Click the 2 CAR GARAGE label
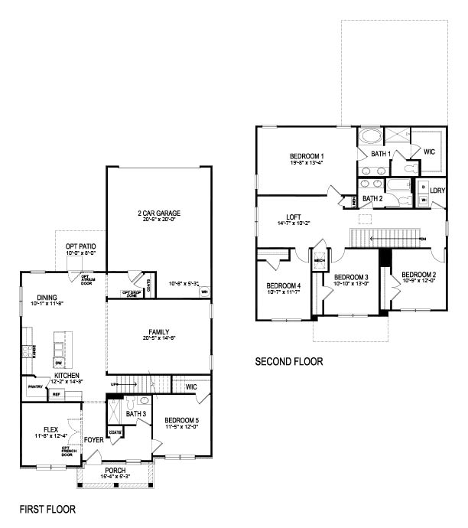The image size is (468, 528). coord(159,213)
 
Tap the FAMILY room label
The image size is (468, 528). coord(159,332)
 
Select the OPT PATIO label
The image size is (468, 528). coord(80,244)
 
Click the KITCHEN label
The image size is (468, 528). coord(67,374)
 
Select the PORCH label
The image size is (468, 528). coord(115,470)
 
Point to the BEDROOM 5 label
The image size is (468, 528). coord(182,419)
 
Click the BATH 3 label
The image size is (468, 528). coord(135,414)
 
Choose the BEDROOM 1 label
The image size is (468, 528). coord(306,155)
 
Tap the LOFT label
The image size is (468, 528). coord(294,216)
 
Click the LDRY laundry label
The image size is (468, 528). coord(437,190)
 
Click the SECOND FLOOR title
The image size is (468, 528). coord(289,361)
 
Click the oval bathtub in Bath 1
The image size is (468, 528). coord(371,138)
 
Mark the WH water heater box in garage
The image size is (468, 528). coord(204,291)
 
